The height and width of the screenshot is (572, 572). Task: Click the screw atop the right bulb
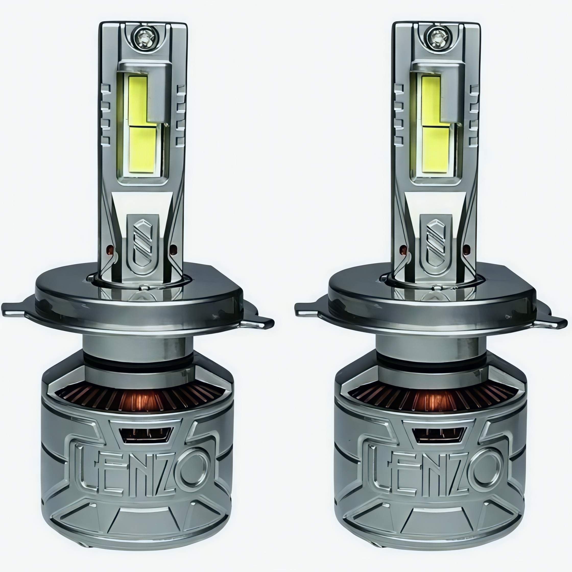[436, 38]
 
